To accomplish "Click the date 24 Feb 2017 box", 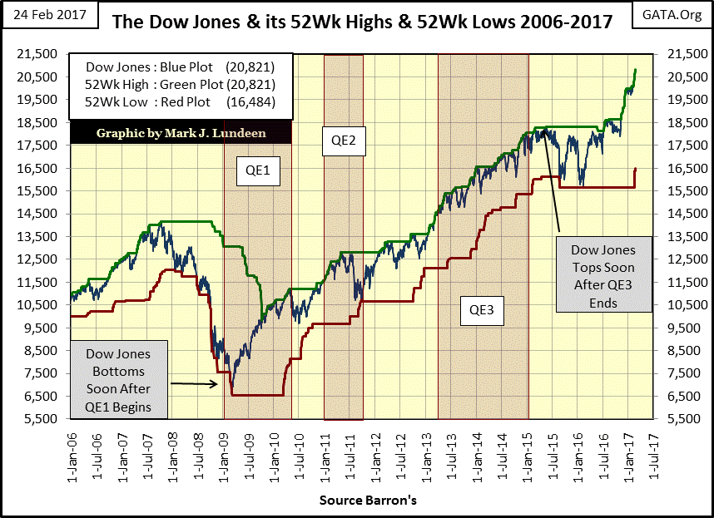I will [x=49, y=16].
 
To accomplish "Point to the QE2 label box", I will [x=343, y=141].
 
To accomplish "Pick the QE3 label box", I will [x=482, y=310].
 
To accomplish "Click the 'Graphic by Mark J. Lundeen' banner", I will [x=181, y=132].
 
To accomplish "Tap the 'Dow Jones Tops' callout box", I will [x=603, y=276].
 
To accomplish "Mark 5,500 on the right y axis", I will [x=677, y=419].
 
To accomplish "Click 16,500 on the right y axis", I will [x=677, y=168].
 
